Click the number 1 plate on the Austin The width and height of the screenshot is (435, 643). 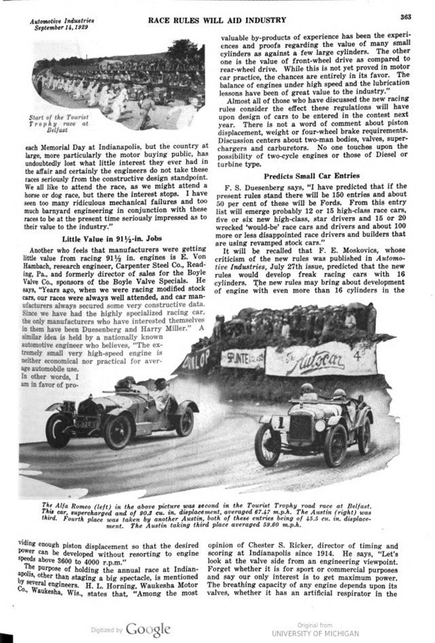click(279, 423)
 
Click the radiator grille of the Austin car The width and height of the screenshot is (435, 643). click(300, 427)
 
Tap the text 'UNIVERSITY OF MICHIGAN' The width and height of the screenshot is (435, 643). click(321, 633)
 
